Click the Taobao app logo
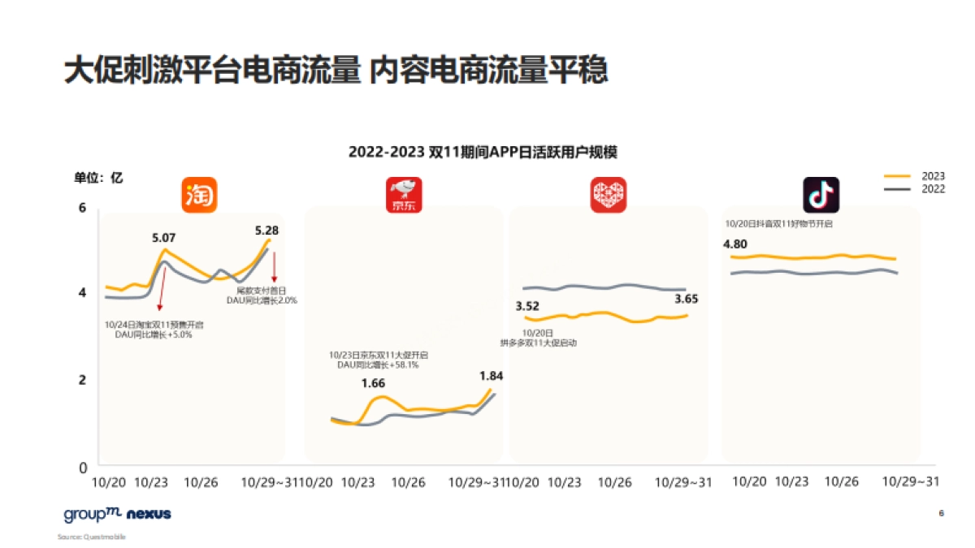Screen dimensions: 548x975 (199, 195)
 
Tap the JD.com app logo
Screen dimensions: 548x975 (404, 195)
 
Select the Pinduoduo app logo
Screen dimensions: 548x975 (609, 195)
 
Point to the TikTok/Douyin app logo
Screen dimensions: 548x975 (821, 195)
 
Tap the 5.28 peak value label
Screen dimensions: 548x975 (266, 231)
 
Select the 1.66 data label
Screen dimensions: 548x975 (374, 383)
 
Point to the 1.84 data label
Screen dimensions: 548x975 (492, 376)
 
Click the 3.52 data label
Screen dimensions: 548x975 (527, 306)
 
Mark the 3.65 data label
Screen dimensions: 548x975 (687, 299)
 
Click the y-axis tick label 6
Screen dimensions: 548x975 (81, 208)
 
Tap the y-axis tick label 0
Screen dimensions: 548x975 (81, 468)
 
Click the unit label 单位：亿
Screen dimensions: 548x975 (99, 178)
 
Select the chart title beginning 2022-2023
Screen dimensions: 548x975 (488, 152)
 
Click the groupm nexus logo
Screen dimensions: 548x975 (117, 514)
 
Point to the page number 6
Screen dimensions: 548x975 (941, 514)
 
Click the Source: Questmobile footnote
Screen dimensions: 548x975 (92, 537)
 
